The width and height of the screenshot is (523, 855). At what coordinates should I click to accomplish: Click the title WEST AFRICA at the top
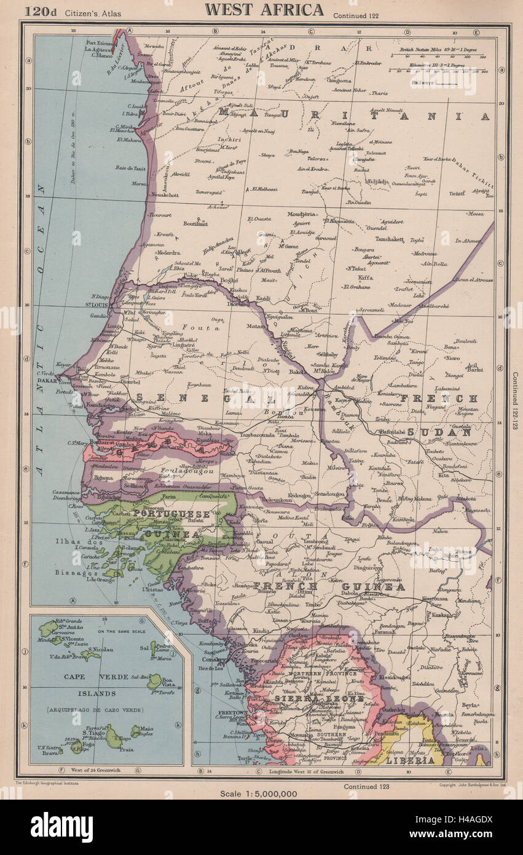[x=264, y=9]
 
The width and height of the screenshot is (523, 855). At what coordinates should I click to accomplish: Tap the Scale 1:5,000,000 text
[x=259, y=793]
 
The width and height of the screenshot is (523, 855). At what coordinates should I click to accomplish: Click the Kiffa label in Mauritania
[x=365, y=277]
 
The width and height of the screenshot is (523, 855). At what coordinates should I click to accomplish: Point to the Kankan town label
[x=441, y=614]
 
